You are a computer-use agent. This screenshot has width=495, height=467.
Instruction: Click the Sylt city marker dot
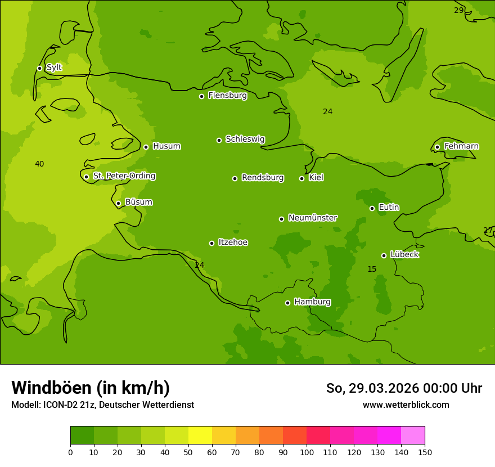point(39,68)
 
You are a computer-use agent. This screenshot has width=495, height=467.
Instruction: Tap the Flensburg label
point(227,96)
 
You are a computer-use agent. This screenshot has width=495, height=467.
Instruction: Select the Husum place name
point(166,146)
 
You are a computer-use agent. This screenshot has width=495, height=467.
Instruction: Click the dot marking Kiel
point(301,178)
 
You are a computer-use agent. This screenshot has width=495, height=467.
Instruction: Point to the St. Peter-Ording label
point(124,176)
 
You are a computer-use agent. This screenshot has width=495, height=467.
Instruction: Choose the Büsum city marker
point(118,203)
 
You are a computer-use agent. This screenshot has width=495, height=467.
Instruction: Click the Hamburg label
point(312,302)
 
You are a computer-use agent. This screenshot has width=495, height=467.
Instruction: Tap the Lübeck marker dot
point(384,255)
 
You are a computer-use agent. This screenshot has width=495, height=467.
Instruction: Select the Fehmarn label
point(461,146)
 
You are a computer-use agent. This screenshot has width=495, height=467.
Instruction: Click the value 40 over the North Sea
point(39,164)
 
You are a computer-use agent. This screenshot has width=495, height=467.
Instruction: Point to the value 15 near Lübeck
point(372,270)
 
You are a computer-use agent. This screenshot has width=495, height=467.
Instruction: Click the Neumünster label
point(313,218)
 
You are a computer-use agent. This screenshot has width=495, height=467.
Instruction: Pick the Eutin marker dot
point(372,208)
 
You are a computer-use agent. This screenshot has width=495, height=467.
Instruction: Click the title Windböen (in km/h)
point(91,388)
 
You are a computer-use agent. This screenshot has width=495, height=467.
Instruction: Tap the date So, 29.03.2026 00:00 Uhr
point(404,388)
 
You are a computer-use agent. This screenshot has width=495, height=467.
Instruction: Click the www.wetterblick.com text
point(406,405)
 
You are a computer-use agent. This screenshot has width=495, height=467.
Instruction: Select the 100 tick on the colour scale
point(307,452)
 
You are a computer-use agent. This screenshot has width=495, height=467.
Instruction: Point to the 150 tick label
point(425,452)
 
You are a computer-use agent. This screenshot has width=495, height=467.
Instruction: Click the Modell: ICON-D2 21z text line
point(102,405)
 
